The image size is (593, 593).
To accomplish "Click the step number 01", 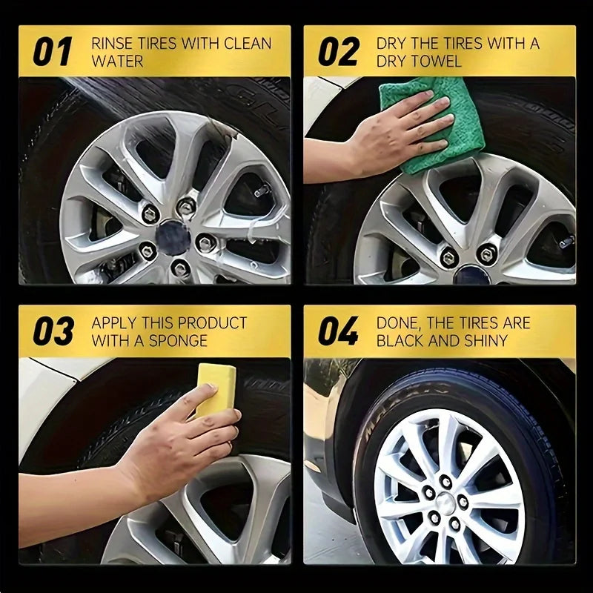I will pyautogui.click(x=52, y=51).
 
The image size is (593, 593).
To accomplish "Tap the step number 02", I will pyautogui.click(x=338, y=51).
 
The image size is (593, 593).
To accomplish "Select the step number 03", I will pyautogui.click(x=53, y=331).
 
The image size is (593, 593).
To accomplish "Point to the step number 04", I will pyautogui.click(x=339, y=331).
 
